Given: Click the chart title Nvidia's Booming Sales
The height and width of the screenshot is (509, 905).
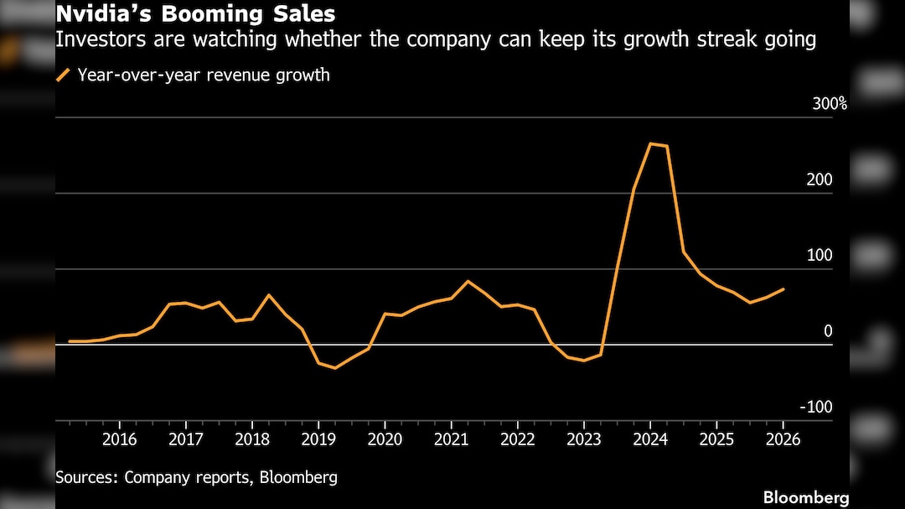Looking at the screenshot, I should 195,14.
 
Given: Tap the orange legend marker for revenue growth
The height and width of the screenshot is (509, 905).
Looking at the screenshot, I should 63,75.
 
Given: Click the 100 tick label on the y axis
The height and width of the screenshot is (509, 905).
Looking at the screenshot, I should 820,256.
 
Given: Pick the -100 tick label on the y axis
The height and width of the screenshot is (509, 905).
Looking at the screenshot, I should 817,408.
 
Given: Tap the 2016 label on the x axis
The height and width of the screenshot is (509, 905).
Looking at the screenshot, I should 119,439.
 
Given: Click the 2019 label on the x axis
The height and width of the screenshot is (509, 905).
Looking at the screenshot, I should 318,439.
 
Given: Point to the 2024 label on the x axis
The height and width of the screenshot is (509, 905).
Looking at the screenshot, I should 650,439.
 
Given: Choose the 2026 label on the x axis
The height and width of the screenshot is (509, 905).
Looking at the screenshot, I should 783,439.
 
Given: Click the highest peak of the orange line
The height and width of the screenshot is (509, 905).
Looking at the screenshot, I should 651,143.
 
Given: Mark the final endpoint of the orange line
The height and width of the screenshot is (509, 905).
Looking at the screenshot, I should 783,289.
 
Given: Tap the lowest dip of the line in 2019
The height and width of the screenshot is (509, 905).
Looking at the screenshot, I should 335,368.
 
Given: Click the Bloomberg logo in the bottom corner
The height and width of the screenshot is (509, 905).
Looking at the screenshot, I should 805,497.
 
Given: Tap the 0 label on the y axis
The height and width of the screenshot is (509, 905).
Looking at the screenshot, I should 828,332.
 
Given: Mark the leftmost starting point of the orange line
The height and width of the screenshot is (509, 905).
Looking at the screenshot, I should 70,341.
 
